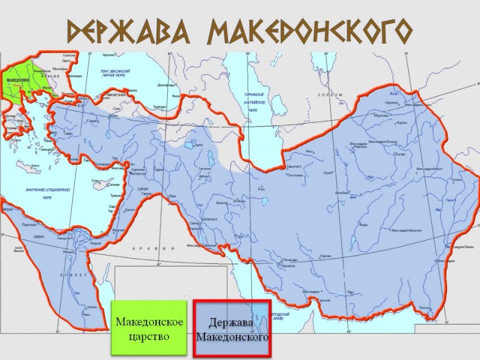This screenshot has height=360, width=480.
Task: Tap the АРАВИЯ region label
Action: (157, 248)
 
